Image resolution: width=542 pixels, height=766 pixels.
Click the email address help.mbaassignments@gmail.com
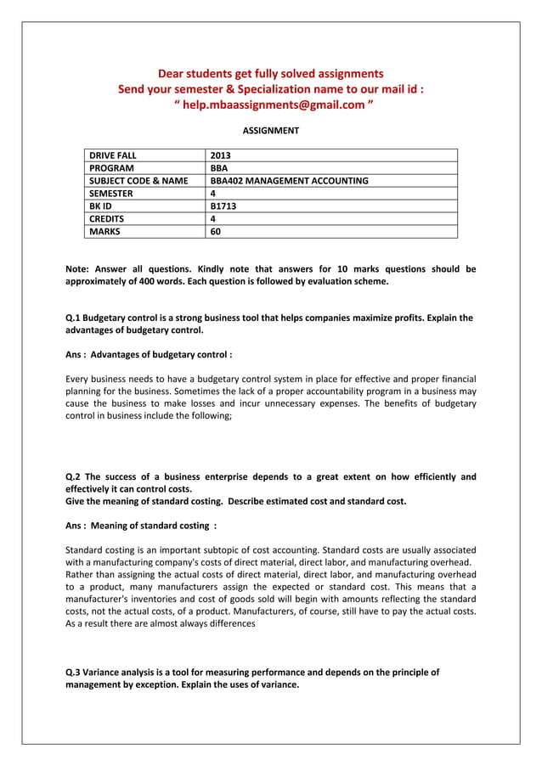pos(272,104)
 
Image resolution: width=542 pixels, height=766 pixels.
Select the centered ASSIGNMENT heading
pos(271,131)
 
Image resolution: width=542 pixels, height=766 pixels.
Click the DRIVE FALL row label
pos(114,155)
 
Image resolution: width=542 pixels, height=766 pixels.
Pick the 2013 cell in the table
pos(221,155)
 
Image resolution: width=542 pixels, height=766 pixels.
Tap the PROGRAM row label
pos(111,168)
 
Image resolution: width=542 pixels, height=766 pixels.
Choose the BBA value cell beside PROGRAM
pos(219,168)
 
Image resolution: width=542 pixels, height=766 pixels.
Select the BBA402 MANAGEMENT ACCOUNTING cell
pos(289,181)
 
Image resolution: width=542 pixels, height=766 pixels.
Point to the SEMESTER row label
pos(111,194)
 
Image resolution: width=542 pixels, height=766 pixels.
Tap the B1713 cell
pos(223,206)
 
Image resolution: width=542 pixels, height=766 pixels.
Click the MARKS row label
pos(105,231)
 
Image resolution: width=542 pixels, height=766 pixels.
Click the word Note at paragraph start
pos(78,269)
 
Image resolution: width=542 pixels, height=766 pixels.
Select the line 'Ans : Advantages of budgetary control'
pos(150,354)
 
